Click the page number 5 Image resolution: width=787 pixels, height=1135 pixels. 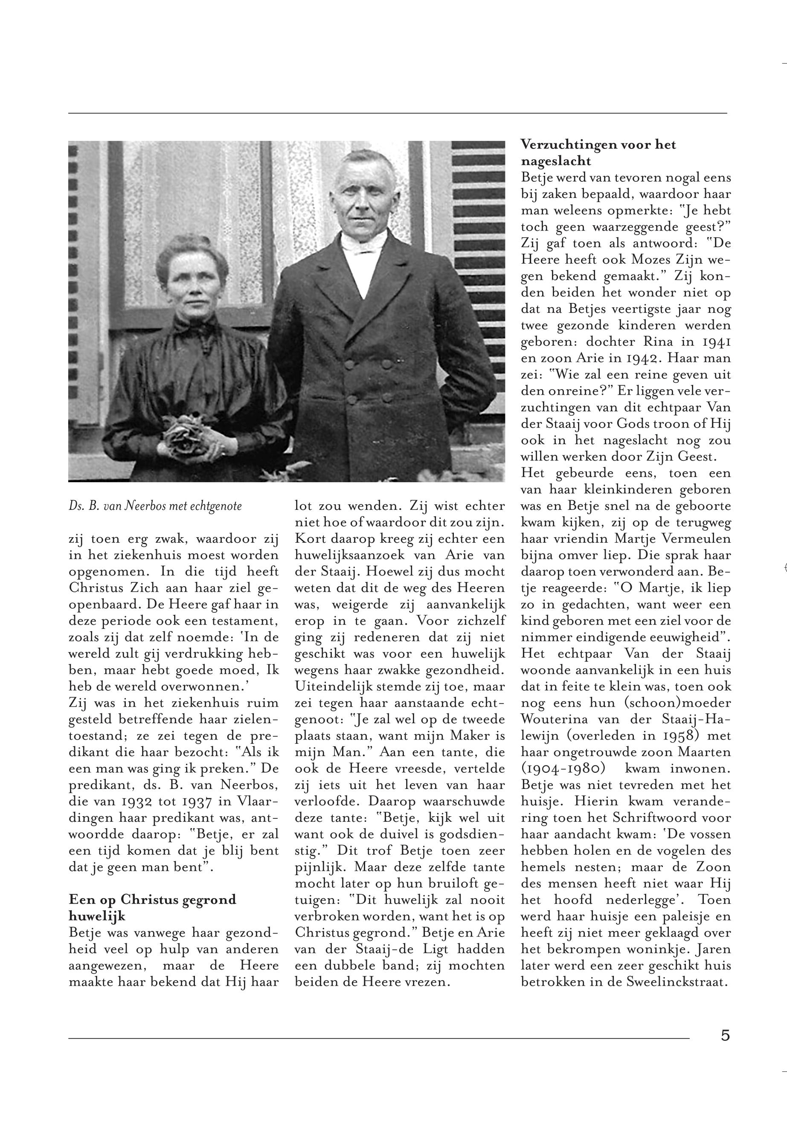pyautogui.click(x=725, y=1035)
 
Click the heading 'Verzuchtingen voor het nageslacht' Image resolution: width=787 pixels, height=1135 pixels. pyautogui.click(x=598, y=152)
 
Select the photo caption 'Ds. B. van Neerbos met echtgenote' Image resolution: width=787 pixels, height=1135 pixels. pyautogui.click(x=155, y=506)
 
